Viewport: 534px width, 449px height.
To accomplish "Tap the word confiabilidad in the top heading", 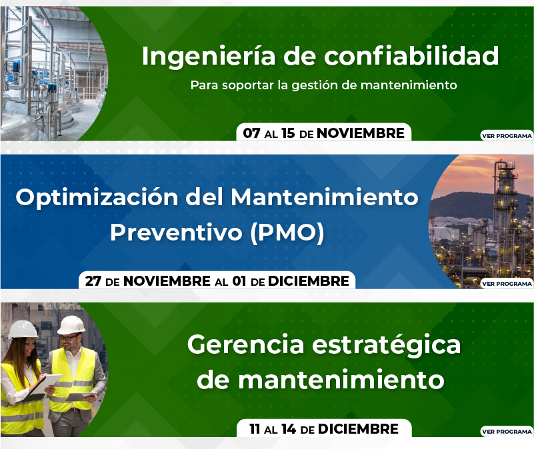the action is click(411, 55).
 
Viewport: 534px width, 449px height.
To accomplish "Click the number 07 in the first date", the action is click(252, 133).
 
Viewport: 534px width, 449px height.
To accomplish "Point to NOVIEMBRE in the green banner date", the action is click(361, 133).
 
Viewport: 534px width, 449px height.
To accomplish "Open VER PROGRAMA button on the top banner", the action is click(507, 135).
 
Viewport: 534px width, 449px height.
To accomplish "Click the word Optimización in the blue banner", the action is click(97, 198).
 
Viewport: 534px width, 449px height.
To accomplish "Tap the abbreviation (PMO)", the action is click(287, 233).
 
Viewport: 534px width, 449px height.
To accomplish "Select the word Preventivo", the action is click(176, 233).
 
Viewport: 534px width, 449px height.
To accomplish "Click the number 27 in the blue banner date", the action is click(93, 281).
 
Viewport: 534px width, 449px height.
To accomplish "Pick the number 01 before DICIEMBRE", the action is click(239, 281).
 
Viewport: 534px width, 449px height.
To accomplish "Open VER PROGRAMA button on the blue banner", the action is click(507, 284).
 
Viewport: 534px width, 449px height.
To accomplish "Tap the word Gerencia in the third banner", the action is click(245, 344).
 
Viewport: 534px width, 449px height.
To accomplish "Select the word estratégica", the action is click(386, 345).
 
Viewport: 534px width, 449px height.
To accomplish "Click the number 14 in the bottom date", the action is click(289, 429).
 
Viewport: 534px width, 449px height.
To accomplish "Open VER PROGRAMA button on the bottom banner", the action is click(507, 431).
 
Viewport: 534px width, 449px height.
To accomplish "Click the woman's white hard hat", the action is click(23, 329).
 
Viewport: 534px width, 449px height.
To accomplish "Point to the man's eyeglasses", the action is click(69, 338).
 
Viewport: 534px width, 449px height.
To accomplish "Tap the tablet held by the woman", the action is click(44, 386).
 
